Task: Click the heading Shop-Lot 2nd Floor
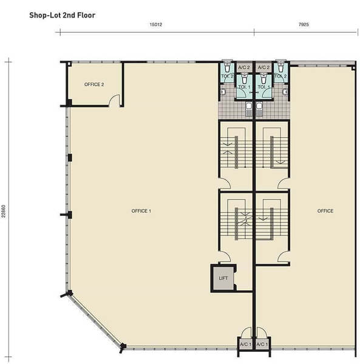tap(62, 15)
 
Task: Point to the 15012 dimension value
tap(155, 24)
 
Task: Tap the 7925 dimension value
tap(304, 24)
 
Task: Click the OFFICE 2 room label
tap(94, 84)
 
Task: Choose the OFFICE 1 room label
tap(141, 211)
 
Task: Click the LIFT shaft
tap(223, 278)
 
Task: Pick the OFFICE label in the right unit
tap(325, 211)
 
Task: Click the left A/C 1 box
tap(246, 344)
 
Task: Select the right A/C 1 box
tap(262, 344)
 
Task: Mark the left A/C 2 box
tap(244, 67)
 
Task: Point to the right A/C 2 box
tap(264, 67)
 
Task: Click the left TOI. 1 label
tap(244, 87)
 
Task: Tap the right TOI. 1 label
tap(264, 87)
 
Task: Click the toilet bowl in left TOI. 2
tap(226, 67)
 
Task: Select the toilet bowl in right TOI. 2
tap(281, 67)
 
